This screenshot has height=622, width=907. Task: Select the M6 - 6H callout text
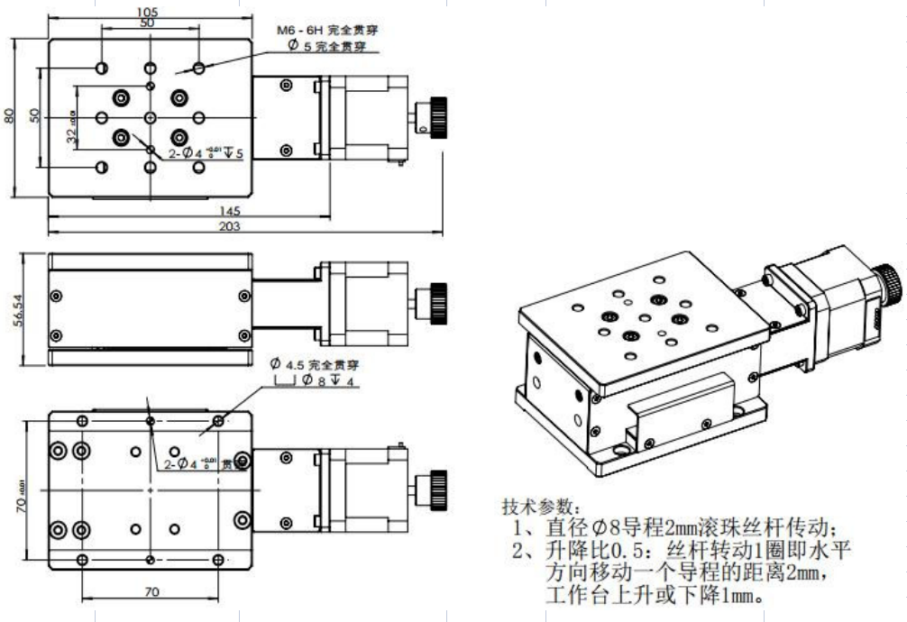click(327, 30)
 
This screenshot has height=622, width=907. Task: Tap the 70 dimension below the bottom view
click(151, 592)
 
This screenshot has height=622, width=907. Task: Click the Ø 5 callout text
click(325, 46)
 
